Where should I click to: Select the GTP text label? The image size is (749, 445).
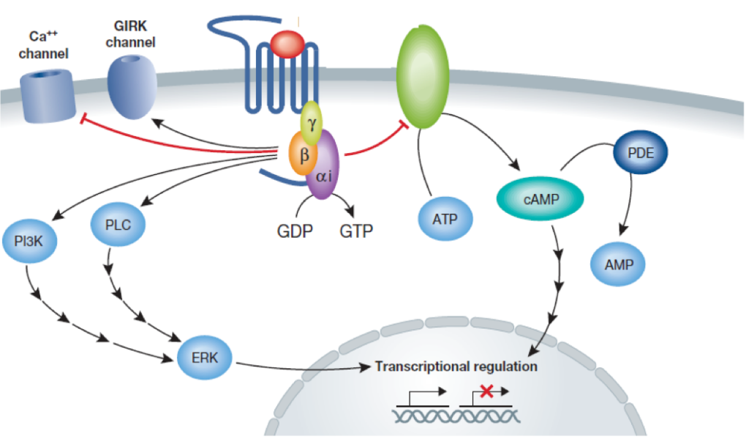click(x=356, y=232)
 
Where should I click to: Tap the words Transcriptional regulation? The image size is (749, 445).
click(x=456, y=366)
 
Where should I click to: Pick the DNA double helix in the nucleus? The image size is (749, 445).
click(x=456, y=416)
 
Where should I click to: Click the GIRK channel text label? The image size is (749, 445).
click(x=130, y=35)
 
